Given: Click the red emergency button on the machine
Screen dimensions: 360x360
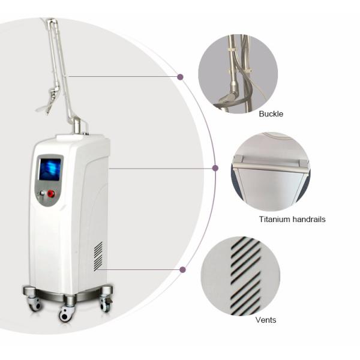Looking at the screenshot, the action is point(51,193).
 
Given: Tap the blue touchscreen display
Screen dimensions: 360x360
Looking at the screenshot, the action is point(50,169).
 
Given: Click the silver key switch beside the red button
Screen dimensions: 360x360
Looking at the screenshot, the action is point(42,193).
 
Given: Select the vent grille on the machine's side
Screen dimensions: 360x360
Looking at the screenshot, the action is point(98,256).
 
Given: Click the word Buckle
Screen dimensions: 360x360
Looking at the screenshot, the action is point(271,114).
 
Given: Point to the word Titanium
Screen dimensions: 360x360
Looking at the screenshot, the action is point(275,219).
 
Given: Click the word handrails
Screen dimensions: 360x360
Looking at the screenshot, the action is point(309,219).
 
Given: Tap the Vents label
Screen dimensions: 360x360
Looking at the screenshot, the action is point(266,320).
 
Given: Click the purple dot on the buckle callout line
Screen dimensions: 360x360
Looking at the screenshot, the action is point(180,77).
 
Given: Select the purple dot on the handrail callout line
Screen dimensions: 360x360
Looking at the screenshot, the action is point(215,168).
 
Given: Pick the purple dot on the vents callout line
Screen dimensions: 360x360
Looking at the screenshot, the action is point(182,270).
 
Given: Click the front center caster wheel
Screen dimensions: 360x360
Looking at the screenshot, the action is point(67,314).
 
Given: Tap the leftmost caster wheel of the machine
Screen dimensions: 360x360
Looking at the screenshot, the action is point(34,304).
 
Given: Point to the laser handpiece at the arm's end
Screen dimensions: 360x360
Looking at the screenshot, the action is point(49,100).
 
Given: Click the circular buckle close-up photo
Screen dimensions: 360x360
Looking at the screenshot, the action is point(238,74).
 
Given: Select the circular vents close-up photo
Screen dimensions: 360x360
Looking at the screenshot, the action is point(241,276).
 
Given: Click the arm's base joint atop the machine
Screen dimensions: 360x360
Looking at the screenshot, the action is point(77,125).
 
